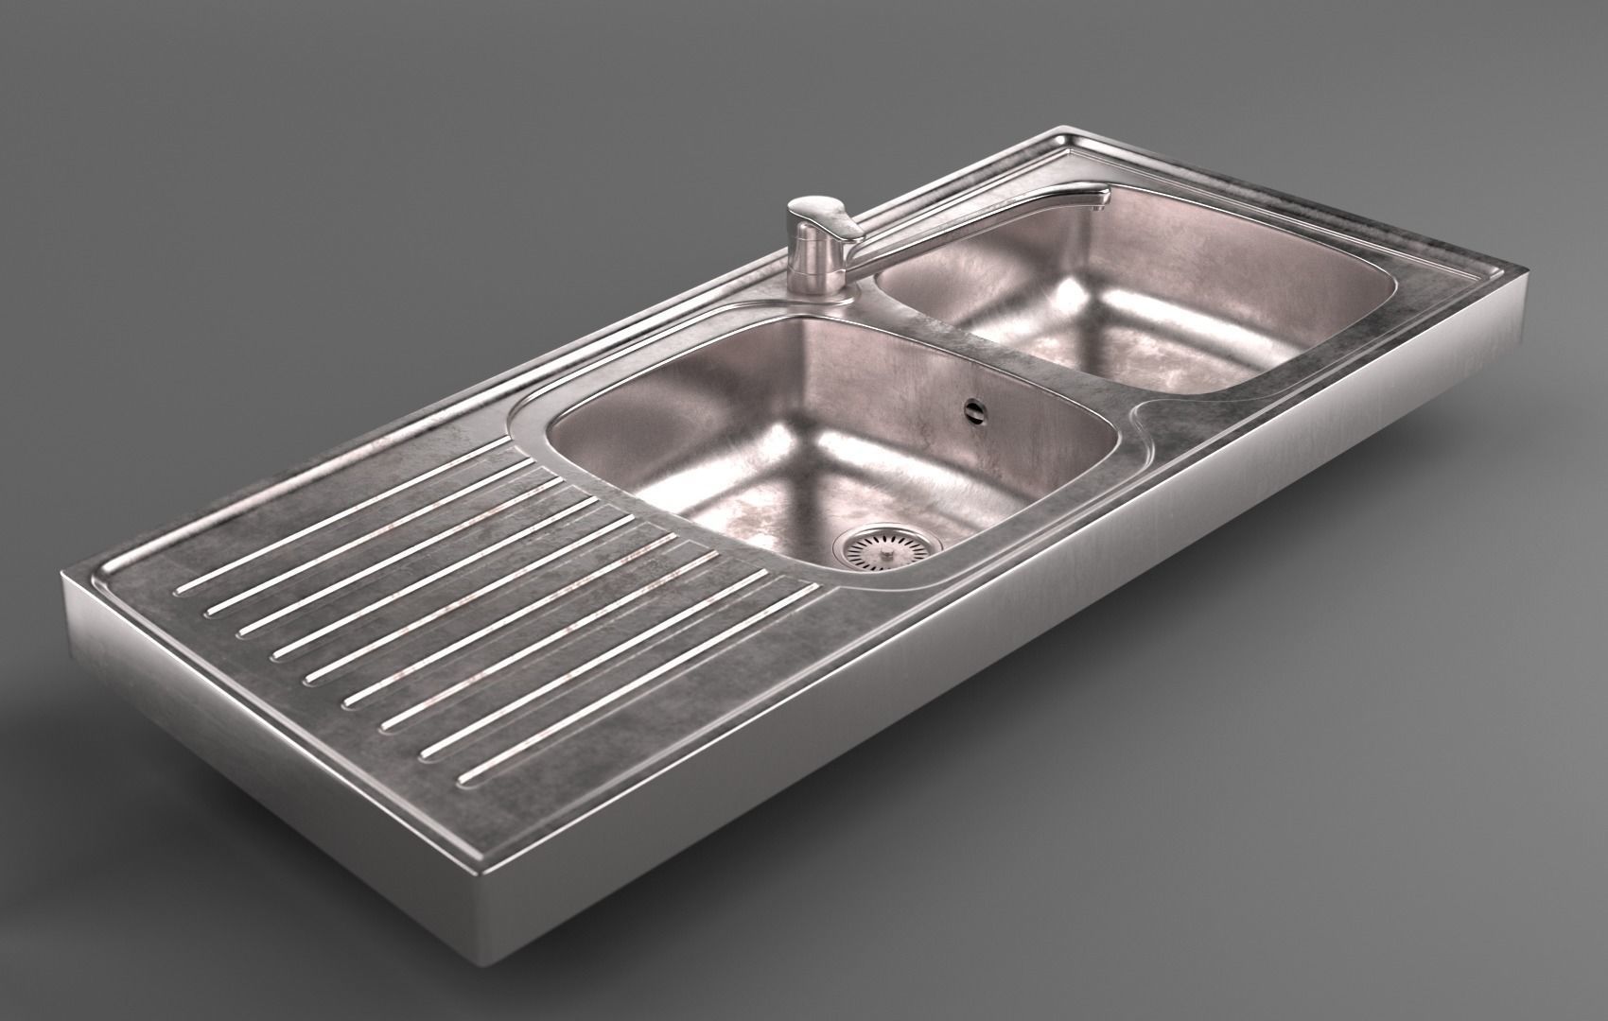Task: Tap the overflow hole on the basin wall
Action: [x=973, y=409]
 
